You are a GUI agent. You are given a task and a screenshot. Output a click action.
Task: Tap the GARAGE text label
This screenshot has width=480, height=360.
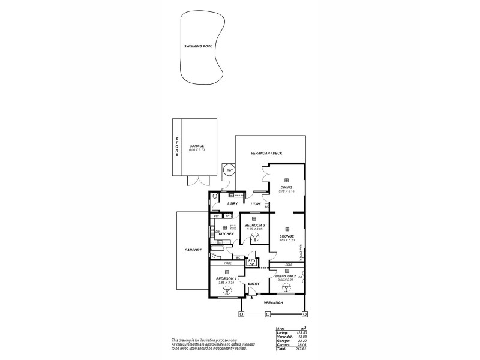point(197,146)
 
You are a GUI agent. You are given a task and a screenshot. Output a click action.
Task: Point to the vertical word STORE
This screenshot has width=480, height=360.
point(176,147)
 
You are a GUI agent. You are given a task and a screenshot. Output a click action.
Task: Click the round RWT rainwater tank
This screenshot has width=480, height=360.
point(229,170)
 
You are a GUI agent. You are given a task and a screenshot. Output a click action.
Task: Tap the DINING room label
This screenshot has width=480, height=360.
point(286,187)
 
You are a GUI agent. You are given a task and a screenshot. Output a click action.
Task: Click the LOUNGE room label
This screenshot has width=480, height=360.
point(286,236)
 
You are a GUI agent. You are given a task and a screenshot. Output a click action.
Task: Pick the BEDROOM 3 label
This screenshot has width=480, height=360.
point(254,225)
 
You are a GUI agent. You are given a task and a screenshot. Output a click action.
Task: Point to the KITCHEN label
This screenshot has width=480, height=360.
point(226,233)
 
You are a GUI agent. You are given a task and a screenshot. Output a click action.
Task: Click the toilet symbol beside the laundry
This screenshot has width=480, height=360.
point(215,196)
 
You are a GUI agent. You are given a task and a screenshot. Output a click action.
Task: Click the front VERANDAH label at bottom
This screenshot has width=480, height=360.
point(273,302)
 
